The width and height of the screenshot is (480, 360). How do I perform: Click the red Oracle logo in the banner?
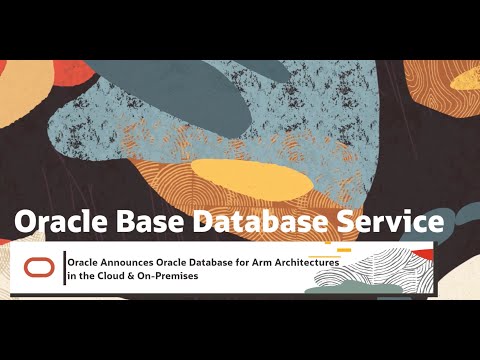click(39, 267)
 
